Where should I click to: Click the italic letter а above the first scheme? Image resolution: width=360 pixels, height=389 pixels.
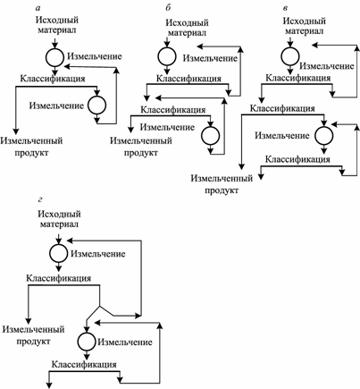[x=38, y=7]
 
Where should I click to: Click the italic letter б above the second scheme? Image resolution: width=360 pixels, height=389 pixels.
[x=168, y=7]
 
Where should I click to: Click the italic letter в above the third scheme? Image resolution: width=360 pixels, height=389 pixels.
[x=285, y=8]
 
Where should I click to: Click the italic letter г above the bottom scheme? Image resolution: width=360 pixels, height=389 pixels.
[x=40, y=199]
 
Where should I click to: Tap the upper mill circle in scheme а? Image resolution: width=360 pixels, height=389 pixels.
[x=54, y=57]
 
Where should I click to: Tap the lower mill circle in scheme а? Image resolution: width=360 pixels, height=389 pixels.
[x=97, y=106]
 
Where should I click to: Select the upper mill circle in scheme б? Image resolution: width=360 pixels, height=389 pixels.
[x=167, y=56]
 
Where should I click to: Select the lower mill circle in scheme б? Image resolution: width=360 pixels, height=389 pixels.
[x=211, y=136]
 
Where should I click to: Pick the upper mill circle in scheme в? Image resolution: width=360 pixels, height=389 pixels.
[x=290, y=56]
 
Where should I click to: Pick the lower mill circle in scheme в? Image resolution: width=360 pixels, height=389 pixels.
[x=324, y=136]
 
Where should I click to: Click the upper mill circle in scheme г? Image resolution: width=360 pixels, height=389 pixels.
[x=58, y=254]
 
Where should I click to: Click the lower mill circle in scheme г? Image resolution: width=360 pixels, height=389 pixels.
[x=87, y=342]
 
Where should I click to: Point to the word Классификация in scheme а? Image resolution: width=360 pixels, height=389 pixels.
[x=53, y=79]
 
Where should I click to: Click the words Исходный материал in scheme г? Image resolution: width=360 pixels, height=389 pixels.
[x=59, y=219]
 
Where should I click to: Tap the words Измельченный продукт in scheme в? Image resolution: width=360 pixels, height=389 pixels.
[x=222, y=184]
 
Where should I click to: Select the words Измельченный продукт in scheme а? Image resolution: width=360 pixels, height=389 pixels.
[x=31, y=147]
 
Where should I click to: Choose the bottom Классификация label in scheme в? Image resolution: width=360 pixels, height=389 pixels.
[x=297, y=159]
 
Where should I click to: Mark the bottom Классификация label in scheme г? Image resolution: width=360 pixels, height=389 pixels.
[x=84, y=364]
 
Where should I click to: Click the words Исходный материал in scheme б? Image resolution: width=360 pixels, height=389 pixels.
[x=187, y=28]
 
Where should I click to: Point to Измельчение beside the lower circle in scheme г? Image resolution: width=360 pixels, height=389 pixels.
[x=125, y=342]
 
